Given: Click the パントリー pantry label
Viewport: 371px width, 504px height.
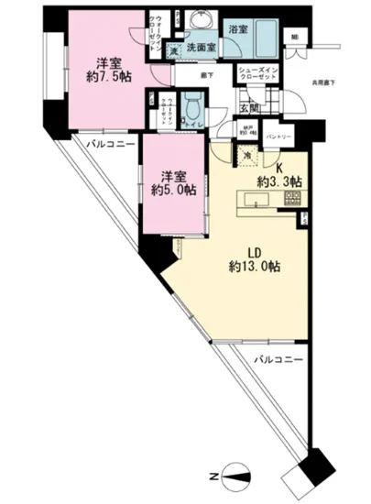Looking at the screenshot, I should (x=278, y=137).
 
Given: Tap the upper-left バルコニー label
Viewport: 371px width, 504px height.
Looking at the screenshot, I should (x=111, y=144).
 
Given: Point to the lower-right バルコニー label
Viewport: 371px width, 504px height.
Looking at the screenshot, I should (x=279, y=360).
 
